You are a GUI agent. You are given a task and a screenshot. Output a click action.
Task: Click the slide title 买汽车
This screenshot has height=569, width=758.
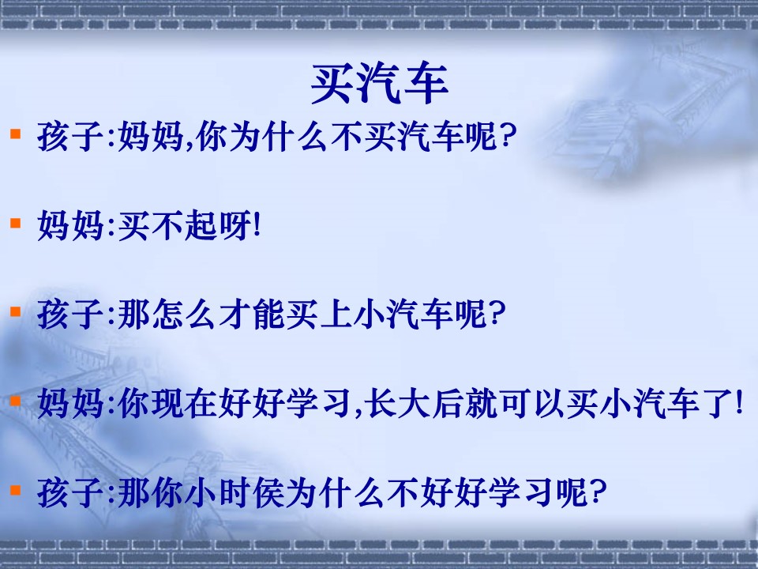[x=380, y=84]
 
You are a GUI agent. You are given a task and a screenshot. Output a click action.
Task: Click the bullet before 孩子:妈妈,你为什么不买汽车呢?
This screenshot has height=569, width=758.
[x=14, y=135]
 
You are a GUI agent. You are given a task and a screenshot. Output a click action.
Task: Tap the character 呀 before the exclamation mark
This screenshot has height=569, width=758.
[x=233, y=228]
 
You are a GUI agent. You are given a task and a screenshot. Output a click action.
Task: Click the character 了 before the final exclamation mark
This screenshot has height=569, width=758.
[x=715, y=406]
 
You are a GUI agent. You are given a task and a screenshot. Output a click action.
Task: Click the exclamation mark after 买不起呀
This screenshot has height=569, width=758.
[x=254, y=228]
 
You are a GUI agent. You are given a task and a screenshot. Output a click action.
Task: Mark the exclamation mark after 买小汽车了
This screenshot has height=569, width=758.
[x=737, y=406]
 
